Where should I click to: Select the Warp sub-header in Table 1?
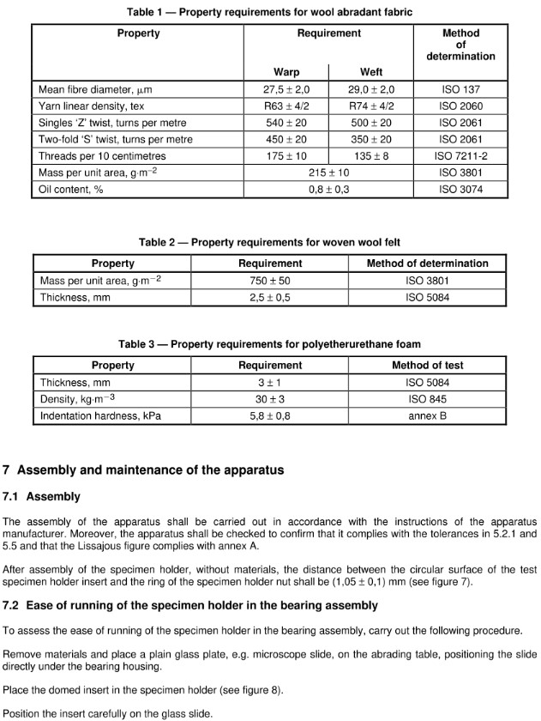pos(286,72)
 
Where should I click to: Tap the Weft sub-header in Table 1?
pos(370,72)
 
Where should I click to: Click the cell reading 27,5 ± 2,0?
pos(286,88)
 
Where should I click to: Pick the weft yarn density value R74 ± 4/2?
pos(370,106)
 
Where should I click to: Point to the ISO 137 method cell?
pos(460,88)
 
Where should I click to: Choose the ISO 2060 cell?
pos(460,106)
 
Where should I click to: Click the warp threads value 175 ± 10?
pos(286,156)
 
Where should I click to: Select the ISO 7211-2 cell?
pos(460,156)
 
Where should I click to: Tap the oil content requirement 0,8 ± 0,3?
pos(328,190)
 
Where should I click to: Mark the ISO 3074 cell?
pos(460,190)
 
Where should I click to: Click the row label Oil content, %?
pos(71,190)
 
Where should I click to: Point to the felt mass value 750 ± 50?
pos(270,281)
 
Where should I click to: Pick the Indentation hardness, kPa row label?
pos(100,416)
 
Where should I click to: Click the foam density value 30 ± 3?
pos(270,399)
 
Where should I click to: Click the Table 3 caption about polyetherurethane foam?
pos(269,344)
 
